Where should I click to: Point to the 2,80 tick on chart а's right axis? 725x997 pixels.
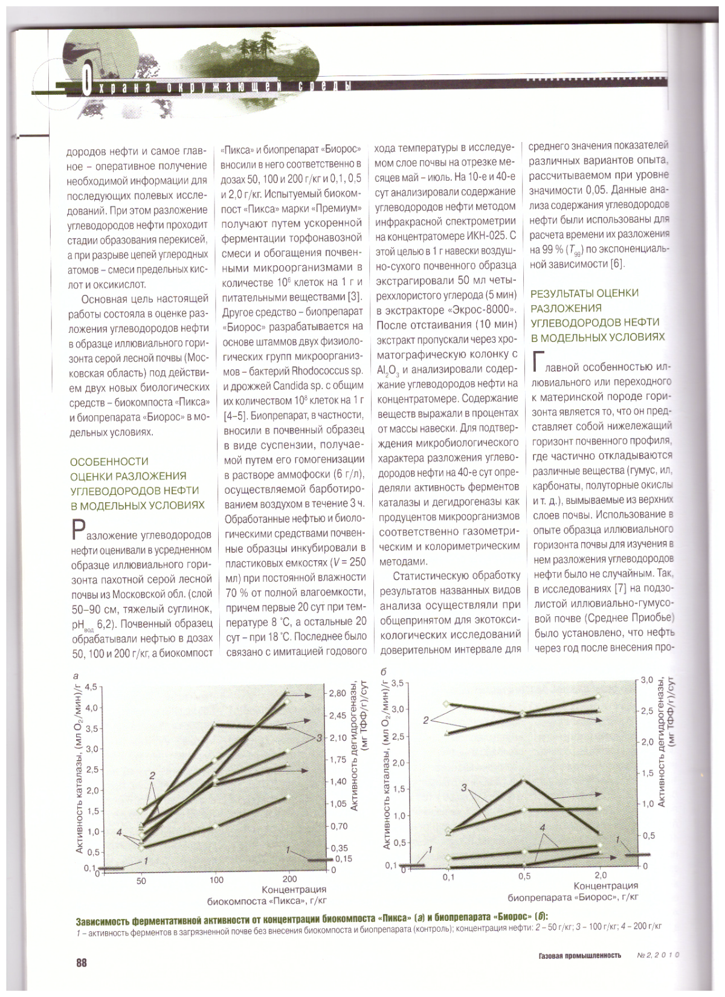(x=338, y=694)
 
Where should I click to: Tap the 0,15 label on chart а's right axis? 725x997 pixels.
(x=343, y=859)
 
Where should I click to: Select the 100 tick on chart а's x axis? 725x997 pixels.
(x=216, y=880)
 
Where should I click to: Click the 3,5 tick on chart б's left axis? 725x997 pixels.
(x=396, y=683)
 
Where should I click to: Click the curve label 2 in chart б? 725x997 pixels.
(x=426, y=720)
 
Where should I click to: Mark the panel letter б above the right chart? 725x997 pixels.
(x=383, y=672)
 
